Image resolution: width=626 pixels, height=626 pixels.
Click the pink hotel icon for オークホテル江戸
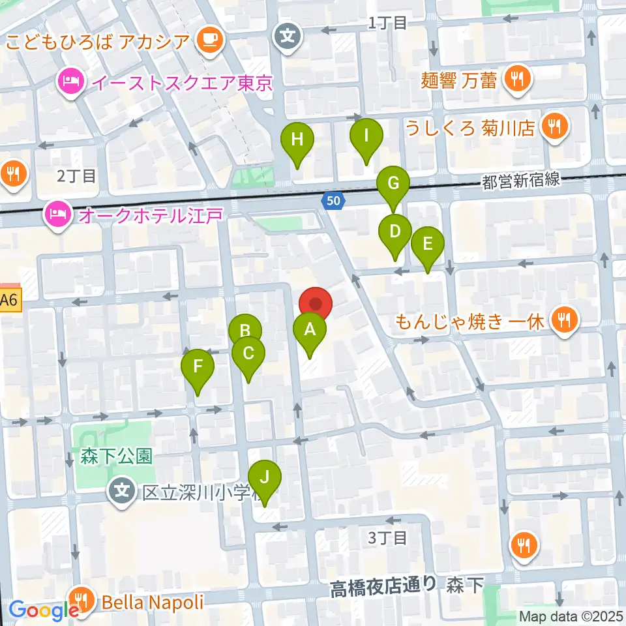click(x=57, y=213)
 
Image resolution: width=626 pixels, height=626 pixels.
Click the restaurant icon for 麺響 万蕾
click(x=518, y=80)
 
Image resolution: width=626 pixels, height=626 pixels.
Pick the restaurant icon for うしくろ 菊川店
click(x=555, y=127)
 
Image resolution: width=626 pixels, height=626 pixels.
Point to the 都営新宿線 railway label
click(x=521, y=180)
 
